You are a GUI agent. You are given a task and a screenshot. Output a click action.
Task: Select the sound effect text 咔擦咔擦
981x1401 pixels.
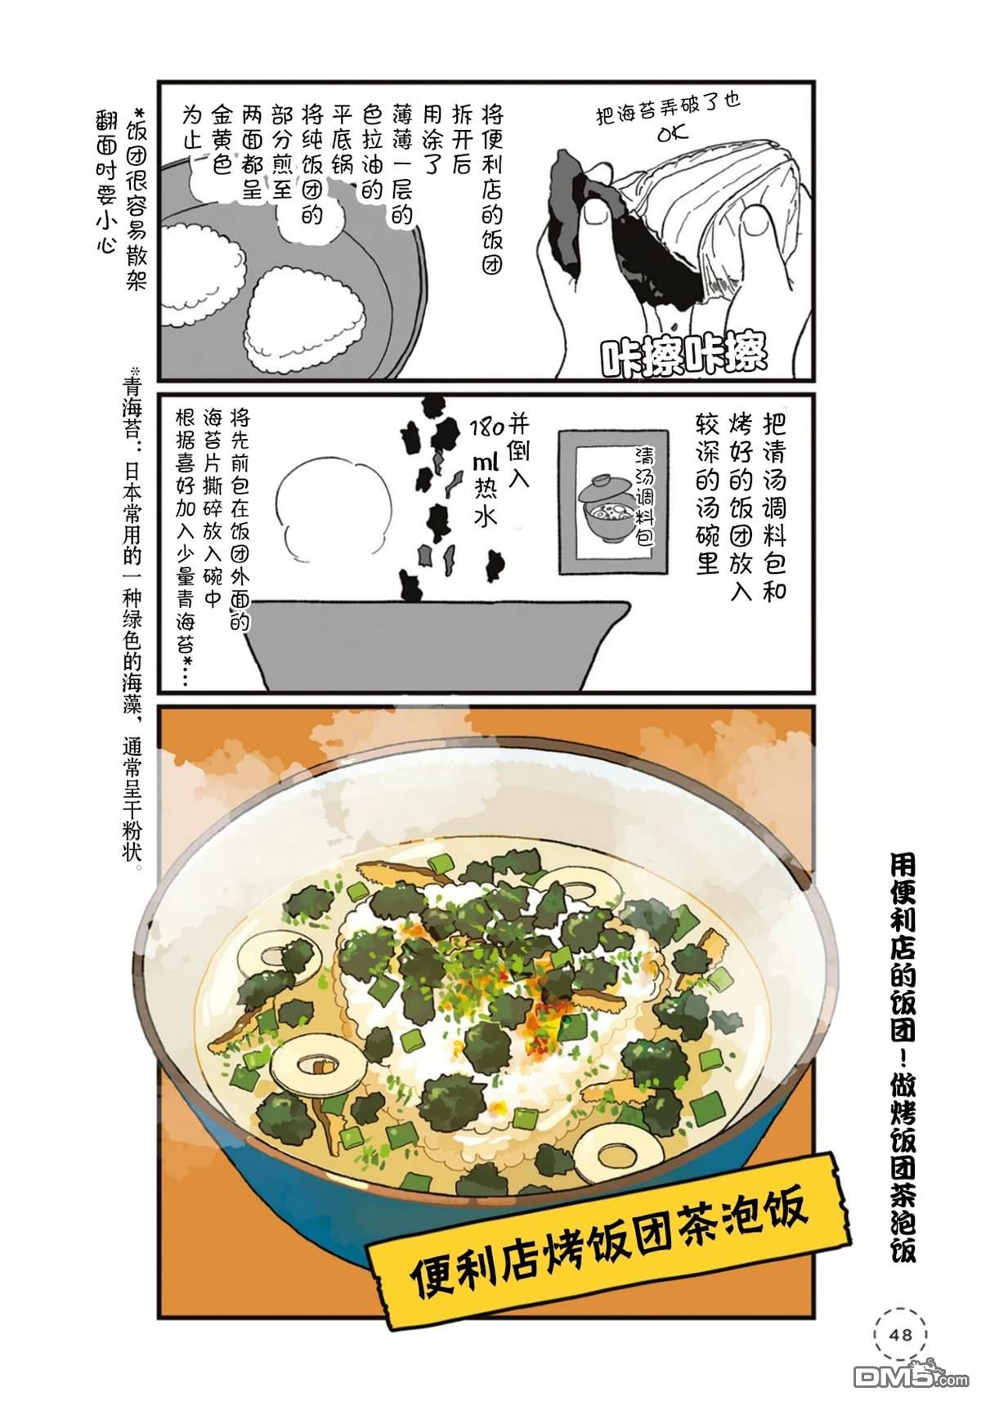[683, 356]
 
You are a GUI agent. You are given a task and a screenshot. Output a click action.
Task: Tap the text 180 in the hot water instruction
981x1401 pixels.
[487, 428]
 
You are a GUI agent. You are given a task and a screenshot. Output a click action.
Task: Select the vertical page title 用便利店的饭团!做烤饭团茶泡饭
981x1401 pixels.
[903, 1056]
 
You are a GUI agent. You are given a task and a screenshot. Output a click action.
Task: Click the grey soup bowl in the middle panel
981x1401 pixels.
[438, 644]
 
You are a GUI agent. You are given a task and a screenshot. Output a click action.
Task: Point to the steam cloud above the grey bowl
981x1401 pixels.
[334, 507]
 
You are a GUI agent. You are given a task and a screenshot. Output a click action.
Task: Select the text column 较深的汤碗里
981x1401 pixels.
[708, 493]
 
